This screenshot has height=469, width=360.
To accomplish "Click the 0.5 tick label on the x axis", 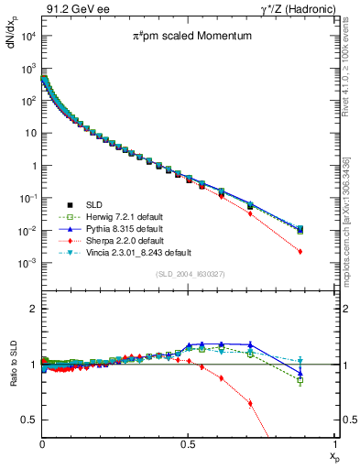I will click(188, 444).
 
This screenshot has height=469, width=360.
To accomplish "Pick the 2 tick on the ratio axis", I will click(33, 309).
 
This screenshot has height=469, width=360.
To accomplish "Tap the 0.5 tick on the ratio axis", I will click(30, 420).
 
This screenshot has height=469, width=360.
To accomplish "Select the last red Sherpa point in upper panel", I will click(326, 251).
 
